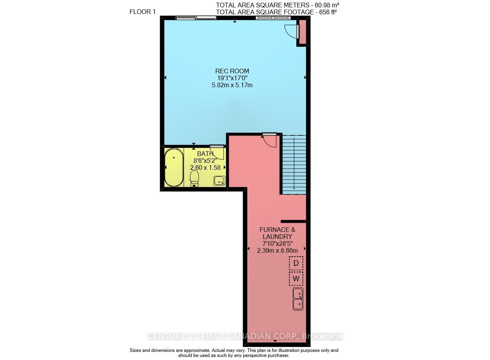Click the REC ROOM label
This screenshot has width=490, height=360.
click(x=232, y=71)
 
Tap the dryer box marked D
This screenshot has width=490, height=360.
click(x=296, y=263)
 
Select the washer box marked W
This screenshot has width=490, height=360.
click(x=296, y=279)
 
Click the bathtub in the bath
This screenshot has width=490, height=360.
click(x=174, y=167)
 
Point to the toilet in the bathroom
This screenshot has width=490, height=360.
click(x=194, y=179)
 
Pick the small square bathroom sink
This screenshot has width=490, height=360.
click(x=220, y=181)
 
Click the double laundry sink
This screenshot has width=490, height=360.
click(x=298, y=299)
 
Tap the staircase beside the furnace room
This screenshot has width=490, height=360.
click(x=294, y=165)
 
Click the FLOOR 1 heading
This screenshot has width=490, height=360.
click(x=143, y=12)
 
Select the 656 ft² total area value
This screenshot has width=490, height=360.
click(x=328, y=12)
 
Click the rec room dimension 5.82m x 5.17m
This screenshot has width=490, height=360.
click(x=232, y=85)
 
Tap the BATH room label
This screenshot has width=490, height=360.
click(x=205, y=154)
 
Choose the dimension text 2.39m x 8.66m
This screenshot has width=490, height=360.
click(x=277, y=251)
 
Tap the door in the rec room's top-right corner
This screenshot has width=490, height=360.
click(x=292, y=32)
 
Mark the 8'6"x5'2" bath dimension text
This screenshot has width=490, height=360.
click(x=205, y=161)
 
